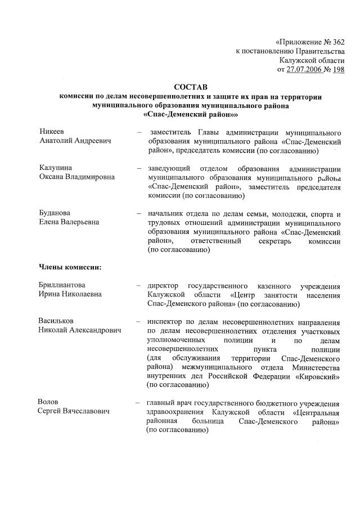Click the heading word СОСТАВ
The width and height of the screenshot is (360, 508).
[x=191, y=88]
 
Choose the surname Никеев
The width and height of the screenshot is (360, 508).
[x=51, y=131]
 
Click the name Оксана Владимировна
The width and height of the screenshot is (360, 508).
[x=76, y=177]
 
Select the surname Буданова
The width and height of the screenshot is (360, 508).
[x=55, y=213]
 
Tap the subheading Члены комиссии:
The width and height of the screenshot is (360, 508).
[x=70, y=267]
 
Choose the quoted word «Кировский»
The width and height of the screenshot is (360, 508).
[x=317, y=375]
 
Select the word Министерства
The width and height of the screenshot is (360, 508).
[x=312, y=366]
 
